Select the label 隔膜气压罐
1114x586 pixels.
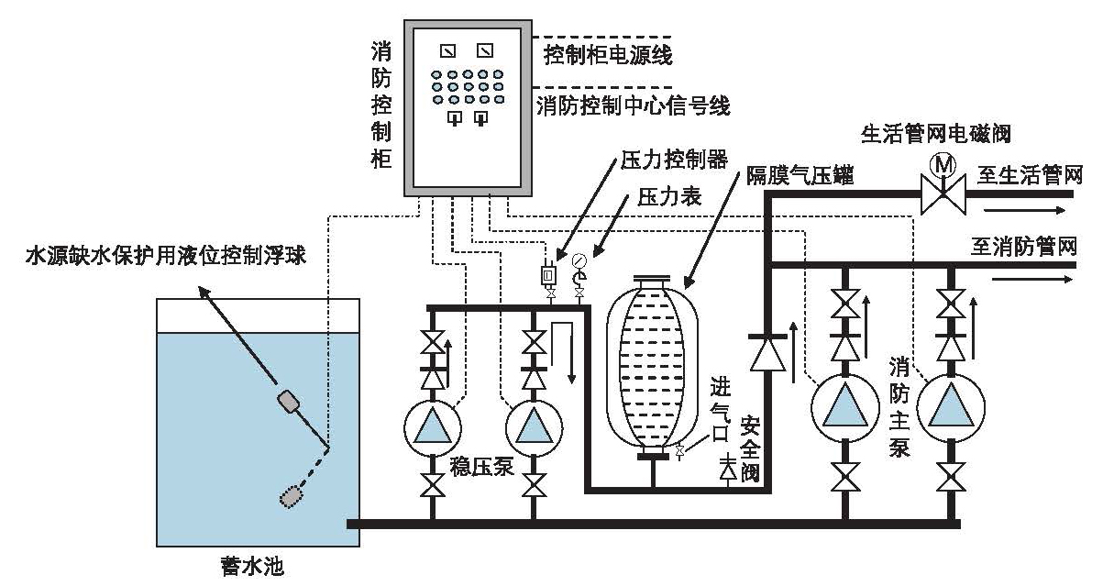point(800,177)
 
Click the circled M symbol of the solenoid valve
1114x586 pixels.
point(942,166)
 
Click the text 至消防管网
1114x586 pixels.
point(1023,245)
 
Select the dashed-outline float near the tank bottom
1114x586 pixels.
point(292,495)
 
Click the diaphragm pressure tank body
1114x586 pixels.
point(652,367)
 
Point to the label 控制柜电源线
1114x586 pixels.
point(608,55)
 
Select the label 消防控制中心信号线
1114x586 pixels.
point(633,105)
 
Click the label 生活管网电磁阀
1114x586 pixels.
point(935,133)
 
